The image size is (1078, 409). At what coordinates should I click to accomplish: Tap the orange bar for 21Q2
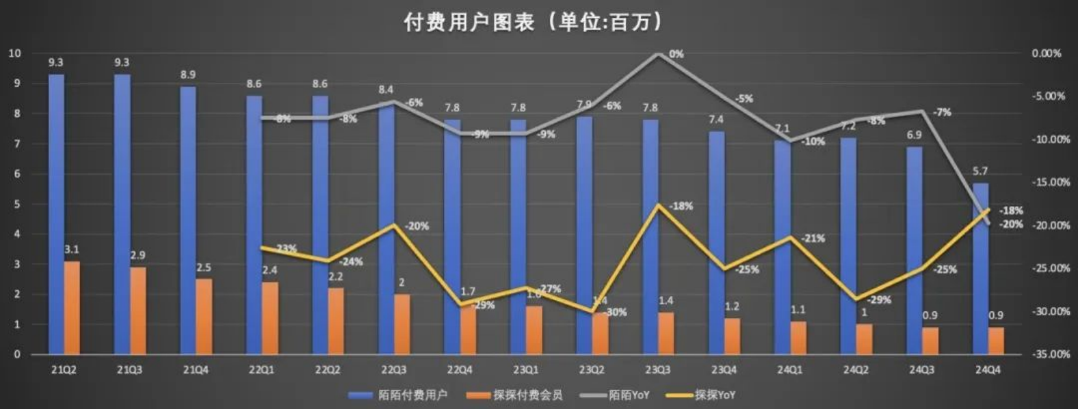pos(72,307)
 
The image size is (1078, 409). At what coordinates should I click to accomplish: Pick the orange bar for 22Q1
pos(271,318)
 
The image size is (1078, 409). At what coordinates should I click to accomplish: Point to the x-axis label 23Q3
pos(657,370)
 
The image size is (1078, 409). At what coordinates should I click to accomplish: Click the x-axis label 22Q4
pos(459,370)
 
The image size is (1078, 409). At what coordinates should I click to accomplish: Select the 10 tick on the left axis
pos(14,53)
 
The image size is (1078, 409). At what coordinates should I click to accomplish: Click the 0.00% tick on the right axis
pos(1047,53)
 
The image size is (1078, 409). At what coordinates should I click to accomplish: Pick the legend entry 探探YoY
pos(715,395)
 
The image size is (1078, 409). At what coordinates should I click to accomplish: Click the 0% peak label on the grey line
pos(676,54)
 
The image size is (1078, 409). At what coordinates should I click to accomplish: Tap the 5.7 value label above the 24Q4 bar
pos(980,171)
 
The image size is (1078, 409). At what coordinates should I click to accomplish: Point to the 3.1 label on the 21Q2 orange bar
pos(72,250)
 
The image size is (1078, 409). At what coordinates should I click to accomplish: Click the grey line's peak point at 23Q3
pos(657,53)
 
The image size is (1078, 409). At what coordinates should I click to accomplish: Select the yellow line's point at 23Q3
pos(657,205)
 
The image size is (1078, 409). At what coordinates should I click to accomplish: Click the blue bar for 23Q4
pos(717,242)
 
